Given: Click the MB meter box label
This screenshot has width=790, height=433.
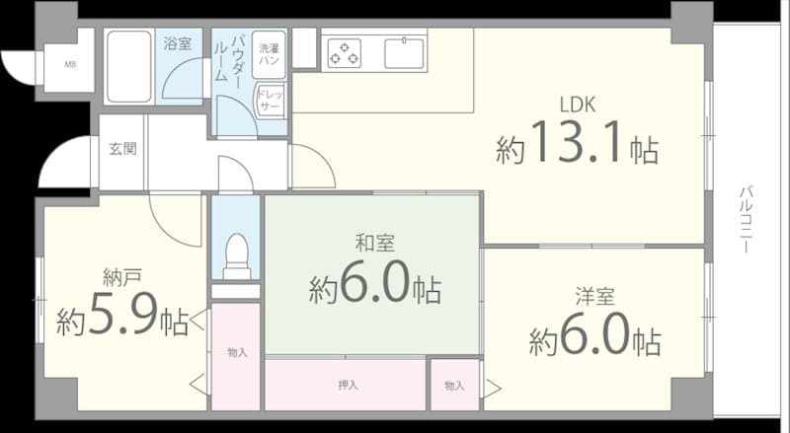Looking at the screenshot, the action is [70, 64].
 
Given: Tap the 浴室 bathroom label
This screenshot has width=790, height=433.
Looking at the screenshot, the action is [178, 43].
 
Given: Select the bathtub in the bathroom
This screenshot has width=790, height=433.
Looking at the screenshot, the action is [129, 66].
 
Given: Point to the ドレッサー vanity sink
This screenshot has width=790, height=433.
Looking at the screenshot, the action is [270, 100].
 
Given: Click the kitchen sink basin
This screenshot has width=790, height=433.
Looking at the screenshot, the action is [404, 53].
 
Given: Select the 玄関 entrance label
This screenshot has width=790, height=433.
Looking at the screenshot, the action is [122, 149].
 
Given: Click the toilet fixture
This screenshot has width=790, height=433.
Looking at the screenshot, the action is [236, 255].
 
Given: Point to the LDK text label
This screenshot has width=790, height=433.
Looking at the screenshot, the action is [578, 105].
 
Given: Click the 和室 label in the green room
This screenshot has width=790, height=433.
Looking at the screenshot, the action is [375, 243].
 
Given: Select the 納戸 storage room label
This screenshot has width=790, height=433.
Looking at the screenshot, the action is [121, 277].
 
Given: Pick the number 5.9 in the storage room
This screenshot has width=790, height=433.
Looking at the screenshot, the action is [122, 316].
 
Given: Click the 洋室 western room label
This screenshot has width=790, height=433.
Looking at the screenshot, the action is [595, 297].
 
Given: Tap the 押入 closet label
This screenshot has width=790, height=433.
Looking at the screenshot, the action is [348, 386].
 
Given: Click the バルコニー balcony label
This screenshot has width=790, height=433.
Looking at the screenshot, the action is [747, 220].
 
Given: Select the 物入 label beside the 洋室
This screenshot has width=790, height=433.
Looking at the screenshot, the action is [454, 386].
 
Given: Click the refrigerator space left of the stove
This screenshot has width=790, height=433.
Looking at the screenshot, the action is [305, 48].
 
